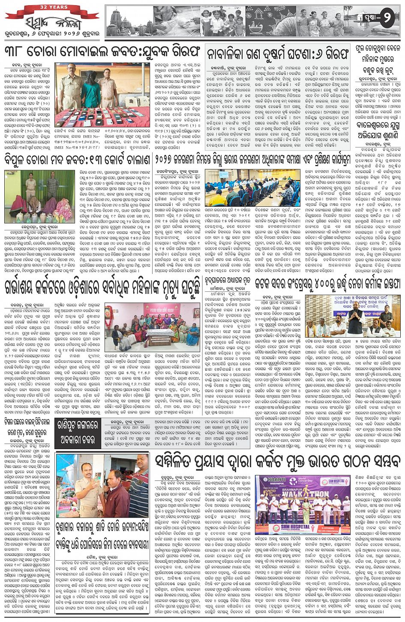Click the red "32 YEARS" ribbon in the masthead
(53, 8)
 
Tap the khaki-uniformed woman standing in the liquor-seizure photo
(31, 188)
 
